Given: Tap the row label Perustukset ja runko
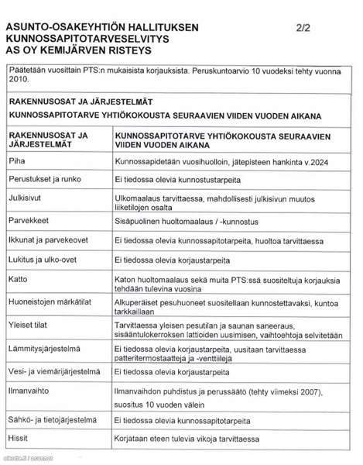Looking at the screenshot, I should point(46,179).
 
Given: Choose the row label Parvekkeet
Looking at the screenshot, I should point(30,221).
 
